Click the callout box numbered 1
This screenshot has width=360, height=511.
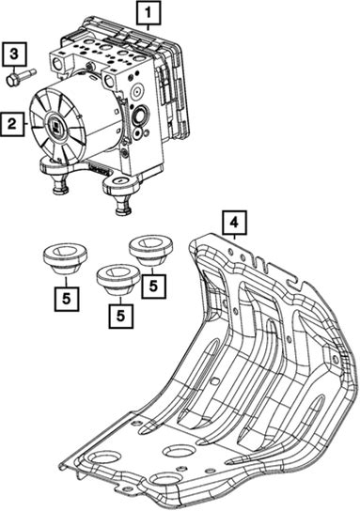point(149,13)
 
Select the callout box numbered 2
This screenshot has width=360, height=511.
point(12,124)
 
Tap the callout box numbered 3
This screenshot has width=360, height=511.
point(13,54)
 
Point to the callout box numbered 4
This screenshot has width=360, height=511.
point(234,223)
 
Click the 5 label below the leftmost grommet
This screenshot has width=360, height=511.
point(67,299)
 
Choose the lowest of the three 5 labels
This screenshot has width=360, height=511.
point(120,316)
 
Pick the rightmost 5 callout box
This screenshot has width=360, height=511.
point(153,286)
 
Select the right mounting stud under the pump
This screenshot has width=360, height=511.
point(123,206)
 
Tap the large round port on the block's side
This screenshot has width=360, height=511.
point(141,115)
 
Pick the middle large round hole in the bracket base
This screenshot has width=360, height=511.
point(179,452)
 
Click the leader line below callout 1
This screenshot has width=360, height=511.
point(149,28)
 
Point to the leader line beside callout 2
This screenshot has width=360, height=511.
point(26,124)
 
